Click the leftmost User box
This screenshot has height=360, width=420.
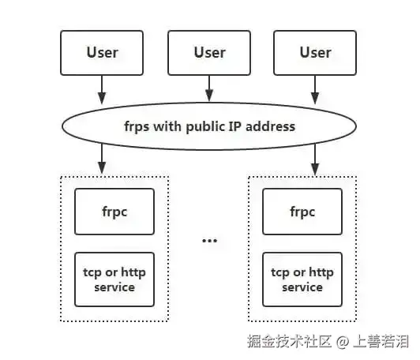[x=102, y=52]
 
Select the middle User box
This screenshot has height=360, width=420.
[x=209, y=52]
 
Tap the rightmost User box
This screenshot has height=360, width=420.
[x=315, y=52]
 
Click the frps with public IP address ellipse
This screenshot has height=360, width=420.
[x=209, y=126]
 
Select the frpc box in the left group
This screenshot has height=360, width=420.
[x=114, y=212]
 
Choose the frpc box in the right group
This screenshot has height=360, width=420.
[x=302, y=212]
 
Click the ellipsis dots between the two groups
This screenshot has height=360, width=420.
[x=209, y=240]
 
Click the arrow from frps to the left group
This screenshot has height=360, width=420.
[x=102, y=159]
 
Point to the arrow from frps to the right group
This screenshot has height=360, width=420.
[x=315, y=159]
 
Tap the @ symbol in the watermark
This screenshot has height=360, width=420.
[x=343, y=342]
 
